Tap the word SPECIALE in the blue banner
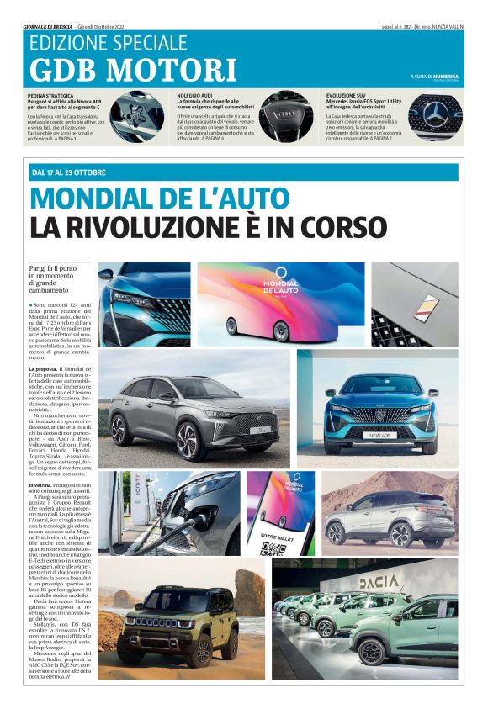(151, 42)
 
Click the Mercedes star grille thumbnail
(435, 117)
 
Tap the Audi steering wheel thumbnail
(286, 117)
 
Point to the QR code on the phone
(271, 548)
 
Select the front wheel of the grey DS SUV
(190, 441)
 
